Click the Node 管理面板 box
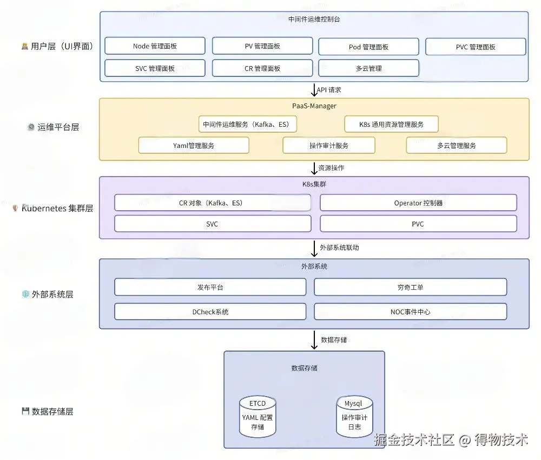pyautogui.click(x=155, y=46)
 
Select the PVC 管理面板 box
pyautogui.click(x=476, y=47)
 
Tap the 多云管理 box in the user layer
pyautogui.click(x=368, y=68)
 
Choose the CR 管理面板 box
pyautogui.click(x=262, y=68)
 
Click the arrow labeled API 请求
pyautogui.click(x=314, y=90)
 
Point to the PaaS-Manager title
pyautogui.click(x=314, y=106)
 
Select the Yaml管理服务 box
pyautogui.click(x=194, y=146)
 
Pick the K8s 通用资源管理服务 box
pyautogui.click(x=391, y=124)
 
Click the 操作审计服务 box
pyautogui.click(x=329, y=146)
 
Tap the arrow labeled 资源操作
pyautogui.click(x=314, y=169)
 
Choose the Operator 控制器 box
pyautogui.click(x=418, y=203)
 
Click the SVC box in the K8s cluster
pyautogui.click(x=213, y=224)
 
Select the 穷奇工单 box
pyautogui.click(x=410, y=287)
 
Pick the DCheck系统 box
pyautogui.click(x=210, y=312)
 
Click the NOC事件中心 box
pyautogui.click(x=410, y=312)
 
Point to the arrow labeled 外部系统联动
pyautogui.click(x=314, y=249)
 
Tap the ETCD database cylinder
pyautogui.click(x=258, y=417)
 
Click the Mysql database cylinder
pyautogui.click(x=354, y=417)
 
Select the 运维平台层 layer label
pyautogui.click(x=58, y=127)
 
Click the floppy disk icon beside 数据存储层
pyautogui.click(x=25, y=411)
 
